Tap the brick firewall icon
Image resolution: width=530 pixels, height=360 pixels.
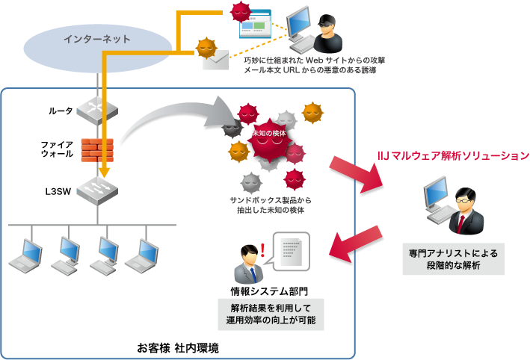(98, 148)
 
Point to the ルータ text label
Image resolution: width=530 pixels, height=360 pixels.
(61, 111)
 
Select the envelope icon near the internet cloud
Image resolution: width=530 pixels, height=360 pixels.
(215, 58)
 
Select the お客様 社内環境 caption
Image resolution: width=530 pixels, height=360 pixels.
(178, 348)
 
